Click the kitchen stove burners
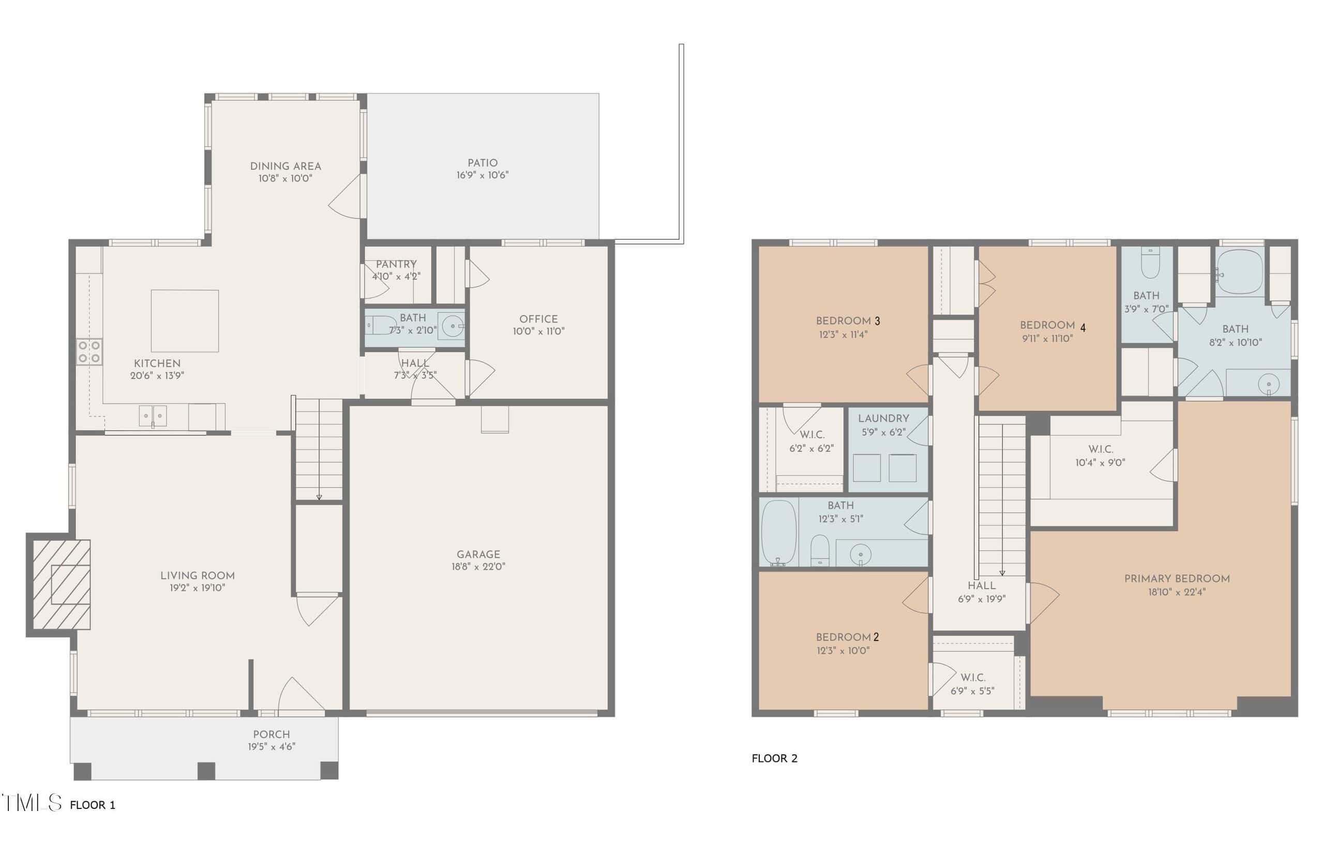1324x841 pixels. click(x=89, y=352)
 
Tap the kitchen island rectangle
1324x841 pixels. click(x=185, y=321)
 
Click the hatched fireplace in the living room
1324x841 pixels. click(x=62, y=584)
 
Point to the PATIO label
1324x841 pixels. click(x=482, y=163)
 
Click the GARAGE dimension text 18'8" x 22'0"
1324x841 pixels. click(x=478, y=566)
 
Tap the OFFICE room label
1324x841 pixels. click(x=538, y=319)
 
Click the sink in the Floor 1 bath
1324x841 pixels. click(x=453, y=327)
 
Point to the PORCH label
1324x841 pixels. click(x=271, y=734)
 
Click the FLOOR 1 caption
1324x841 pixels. click(x=93, y=805)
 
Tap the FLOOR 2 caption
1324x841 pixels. click(x=774, y=758)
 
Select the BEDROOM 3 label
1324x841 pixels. click(x=848, y=321)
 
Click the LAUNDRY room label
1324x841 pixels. click(x=883, y=418)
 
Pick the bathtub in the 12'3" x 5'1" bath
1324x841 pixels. click(x=778, y=532)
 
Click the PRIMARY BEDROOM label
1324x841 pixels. click(x=1177, y=579)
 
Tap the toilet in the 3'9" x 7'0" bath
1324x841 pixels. click(x=1150, y=263)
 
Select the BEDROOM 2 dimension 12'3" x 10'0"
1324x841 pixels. click(x=843, y=651)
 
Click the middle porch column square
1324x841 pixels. click(x=206, y=771)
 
